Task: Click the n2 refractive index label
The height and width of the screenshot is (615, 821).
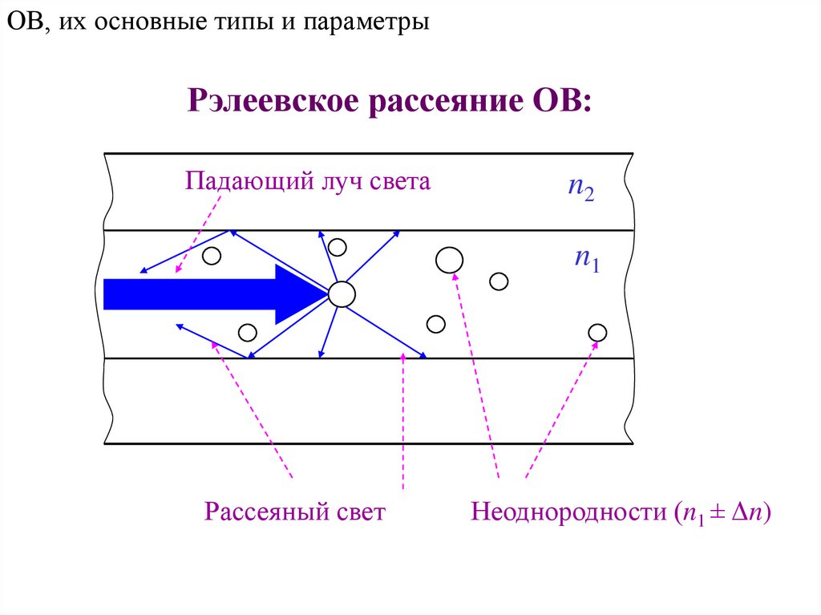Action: click(x=580, y=191)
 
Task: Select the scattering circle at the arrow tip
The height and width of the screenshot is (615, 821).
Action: click(x=342, y=294)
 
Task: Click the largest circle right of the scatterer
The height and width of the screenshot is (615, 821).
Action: click(x=449, y=259)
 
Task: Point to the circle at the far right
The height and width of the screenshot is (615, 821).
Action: click(x=597, y=332)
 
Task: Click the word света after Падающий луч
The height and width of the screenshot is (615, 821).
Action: click(x=400, y=181)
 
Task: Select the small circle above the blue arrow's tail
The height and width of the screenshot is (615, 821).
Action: click(x=211, y=256)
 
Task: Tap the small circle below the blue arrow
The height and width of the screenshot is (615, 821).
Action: click(x=248, y=332)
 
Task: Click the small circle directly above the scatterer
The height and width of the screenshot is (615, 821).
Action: click(x=338, y=246)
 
